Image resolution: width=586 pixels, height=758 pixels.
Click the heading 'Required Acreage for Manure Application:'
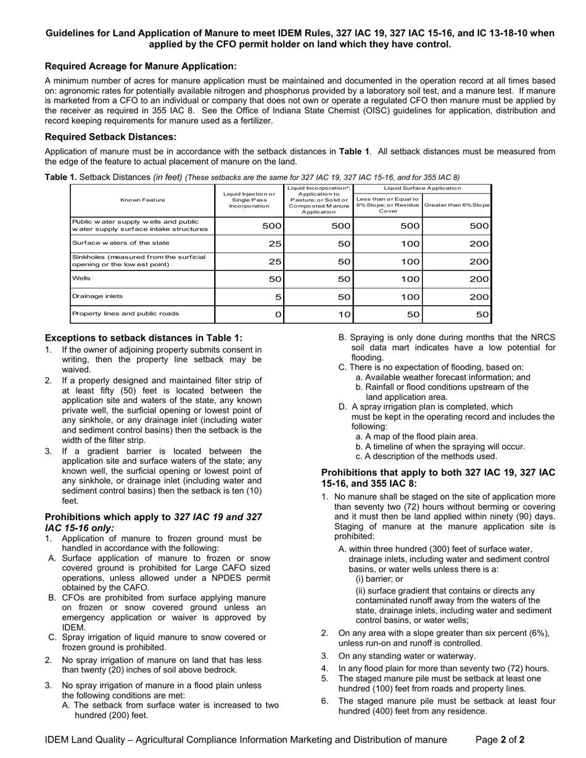pyautogui.click(x=141, y=66)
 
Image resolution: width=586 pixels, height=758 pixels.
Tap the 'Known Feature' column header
pyautogui.click(x=142, y=200)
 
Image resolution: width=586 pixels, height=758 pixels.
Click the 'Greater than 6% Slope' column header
pyautogui.click(x=456, y=205)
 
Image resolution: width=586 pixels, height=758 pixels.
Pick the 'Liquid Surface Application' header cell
pyautogui.click(x=422, y=187)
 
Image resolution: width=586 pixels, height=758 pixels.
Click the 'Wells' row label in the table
pyautogui.click(x=81, y=278)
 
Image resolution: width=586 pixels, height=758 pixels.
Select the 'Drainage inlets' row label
pyautogui.click(x=97, y=296)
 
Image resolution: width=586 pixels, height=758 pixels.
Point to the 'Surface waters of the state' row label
pyautogui.click(x=121, y=242)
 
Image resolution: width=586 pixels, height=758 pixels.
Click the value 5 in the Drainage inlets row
pyautogui.click(x=278, y=297)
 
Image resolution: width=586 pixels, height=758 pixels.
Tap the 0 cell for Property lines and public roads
pyautogui.click(x=278, y=314)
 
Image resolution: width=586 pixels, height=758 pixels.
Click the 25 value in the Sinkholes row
pyautogui.click(x=275, y=261)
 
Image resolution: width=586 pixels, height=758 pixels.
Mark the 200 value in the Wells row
pyautogui.click(x=479, y=279)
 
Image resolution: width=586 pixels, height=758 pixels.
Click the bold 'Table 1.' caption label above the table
pyautogui.click(x=61, y=177)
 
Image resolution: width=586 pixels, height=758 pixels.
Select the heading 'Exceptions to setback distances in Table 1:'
pyautogui.click(x=144, y=338)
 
